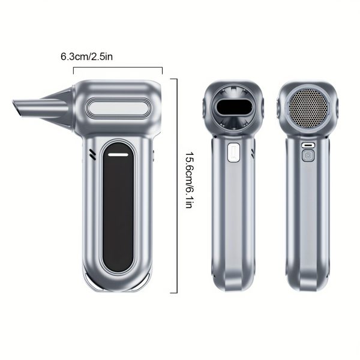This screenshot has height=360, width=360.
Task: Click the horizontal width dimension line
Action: point(118,69)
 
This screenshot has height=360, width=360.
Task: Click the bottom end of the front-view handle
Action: point(233,282)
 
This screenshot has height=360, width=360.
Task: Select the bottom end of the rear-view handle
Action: point(308,282)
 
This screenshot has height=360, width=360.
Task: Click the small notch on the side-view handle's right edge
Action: point(154,157)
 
